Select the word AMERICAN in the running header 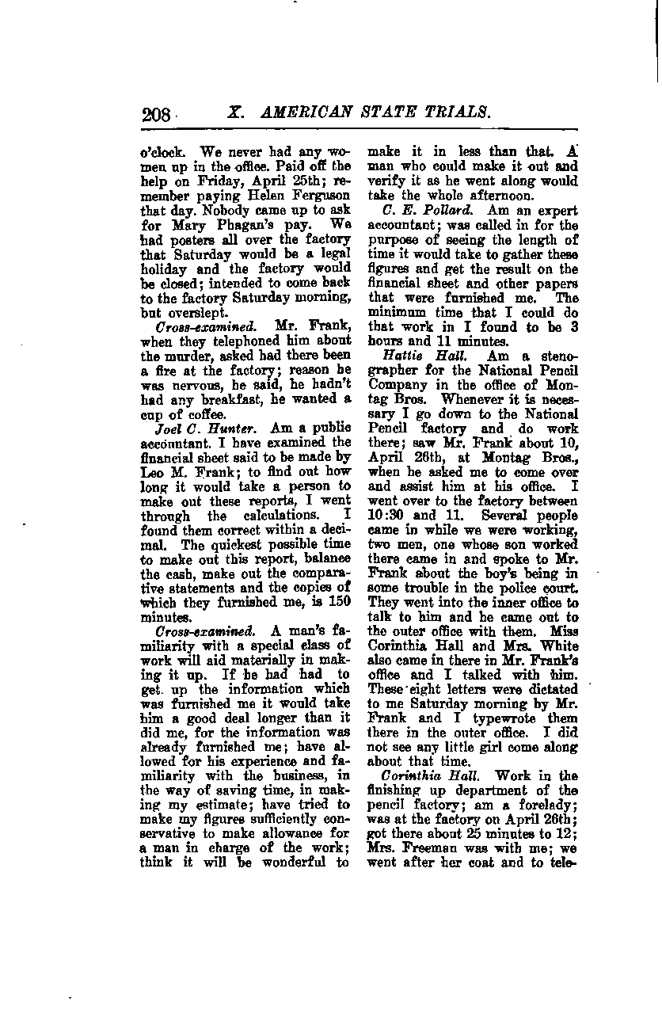click(299, 112)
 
